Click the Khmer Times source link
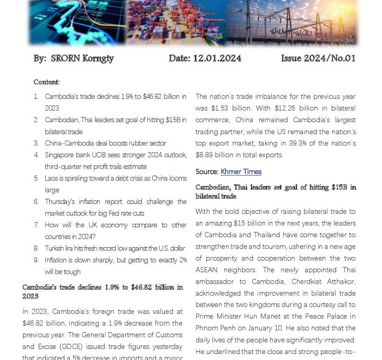[241, 172]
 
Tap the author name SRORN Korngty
[82, 58]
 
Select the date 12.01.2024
[217, 58]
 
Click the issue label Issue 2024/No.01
[318, 58]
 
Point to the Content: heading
[46, 82]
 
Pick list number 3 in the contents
[36, 143]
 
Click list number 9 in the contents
[36, 260]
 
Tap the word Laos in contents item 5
[52, 178]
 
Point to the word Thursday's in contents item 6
[62, 202]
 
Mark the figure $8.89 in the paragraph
[206, 155]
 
